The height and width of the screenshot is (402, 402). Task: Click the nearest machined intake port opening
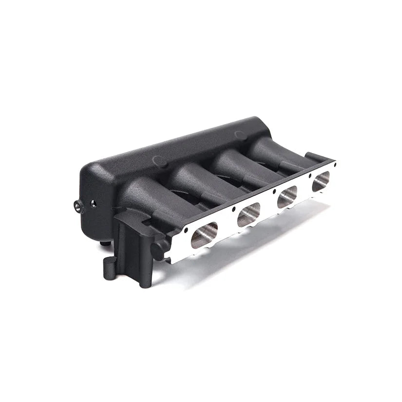coord(204,234)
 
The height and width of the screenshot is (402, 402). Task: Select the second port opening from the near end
coord(249,214)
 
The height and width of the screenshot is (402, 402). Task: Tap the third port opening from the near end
coord(287,196)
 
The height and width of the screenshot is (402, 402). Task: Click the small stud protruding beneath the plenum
coord(103,242)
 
